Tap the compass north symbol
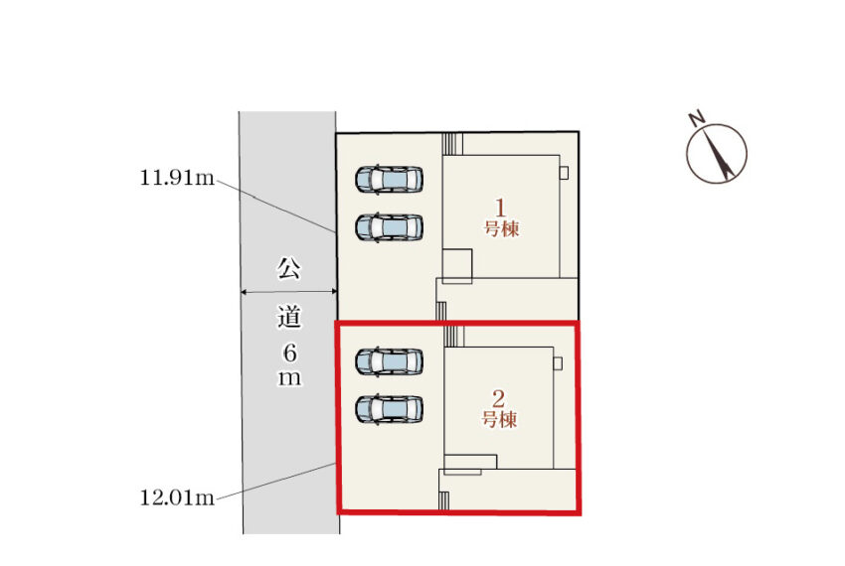[x=717, y=153]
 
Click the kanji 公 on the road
[x=288, y=268]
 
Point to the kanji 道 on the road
[x=288, y=320]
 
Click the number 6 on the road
[x=288, y=352]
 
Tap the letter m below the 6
[x=288, y=378]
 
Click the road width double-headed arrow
[x=288, y=292]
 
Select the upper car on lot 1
[x=390, y=180]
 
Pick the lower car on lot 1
[x=390, y=227]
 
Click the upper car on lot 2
[x=390, y=361]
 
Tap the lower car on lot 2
[x=390, y=409]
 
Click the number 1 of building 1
[x=502, y=209]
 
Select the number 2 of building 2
[x=500, y=399]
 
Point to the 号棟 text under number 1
[x=502, y=228]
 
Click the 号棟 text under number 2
[x=500, y=420]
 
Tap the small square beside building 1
[x=564, y=173]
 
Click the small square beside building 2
[x=558, y=363]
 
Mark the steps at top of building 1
[x=453, y=144]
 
